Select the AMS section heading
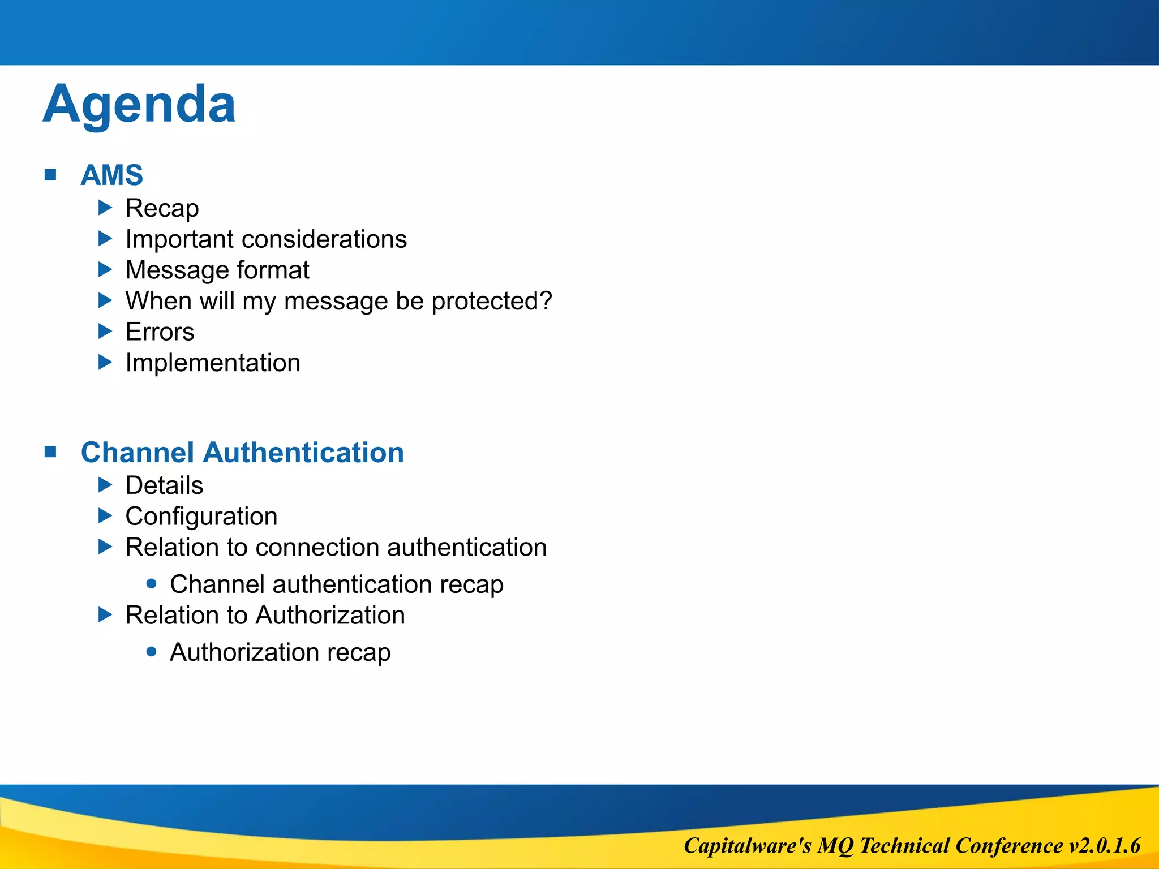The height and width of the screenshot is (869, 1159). pos(111,175)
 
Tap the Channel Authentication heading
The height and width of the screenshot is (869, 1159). pos(242,453)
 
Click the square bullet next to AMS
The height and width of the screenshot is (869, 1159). pos(50,175)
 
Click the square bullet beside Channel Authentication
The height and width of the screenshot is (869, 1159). pos(50,452)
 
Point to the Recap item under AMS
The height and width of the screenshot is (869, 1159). pos(162,208)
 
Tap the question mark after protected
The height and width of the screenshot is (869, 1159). pos(546,300)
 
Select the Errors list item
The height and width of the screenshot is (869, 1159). pos(160,332)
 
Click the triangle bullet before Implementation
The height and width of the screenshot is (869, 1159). pos(105,362)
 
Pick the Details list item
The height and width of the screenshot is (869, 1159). pos(164,485)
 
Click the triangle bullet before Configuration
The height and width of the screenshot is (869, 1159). pos(105,515)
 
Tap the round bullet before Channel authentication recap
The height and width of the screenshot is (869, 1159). pos(151,583)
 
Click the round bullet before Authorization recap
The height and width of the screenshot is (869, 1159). pos(151,652)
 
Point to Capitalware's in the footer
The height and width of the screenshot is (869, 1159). pos(747,846)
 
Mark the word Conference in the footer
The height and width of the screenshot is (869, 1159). pos(1009,846)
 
